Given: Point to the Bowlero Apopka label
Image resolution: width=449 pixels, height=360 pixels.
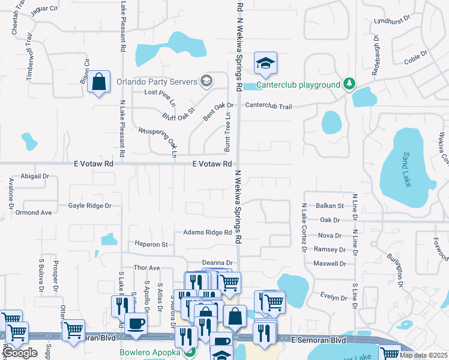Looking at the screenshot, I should click(149, 352).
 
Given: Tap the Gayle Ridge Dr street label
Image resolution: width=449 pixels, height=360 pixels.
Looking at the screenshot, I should click(90, 206).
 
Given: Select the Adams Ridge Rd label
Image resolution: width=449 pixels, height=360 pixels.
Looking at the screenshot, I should click(207, 232).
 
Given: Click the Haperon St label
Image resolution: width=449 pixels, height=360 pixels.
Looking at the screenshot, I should click(151, 244).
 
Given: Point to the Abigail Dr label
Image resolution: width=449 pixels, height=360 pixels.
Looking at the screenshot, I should click(35, 176).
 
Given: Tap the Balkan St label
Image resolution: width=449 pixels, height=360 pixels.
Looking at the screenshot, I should click(331, 206).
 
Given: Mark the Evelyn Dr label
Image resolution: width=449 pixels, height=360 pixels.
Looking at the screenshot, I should click(334, 298).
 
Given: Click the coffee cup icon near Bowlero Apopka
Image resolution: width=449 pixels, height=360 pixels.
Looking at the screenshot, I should click(136, 324).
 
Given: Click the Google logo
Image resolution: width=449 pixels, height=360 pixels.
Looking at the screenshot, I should click(20, 353).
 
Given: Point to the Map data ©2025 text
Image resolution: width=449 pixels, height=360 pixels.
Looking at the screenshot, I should click(423, 356).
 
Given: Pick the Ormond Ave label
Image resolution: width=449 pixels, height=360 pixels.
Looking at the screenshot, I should click(34, 212).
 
